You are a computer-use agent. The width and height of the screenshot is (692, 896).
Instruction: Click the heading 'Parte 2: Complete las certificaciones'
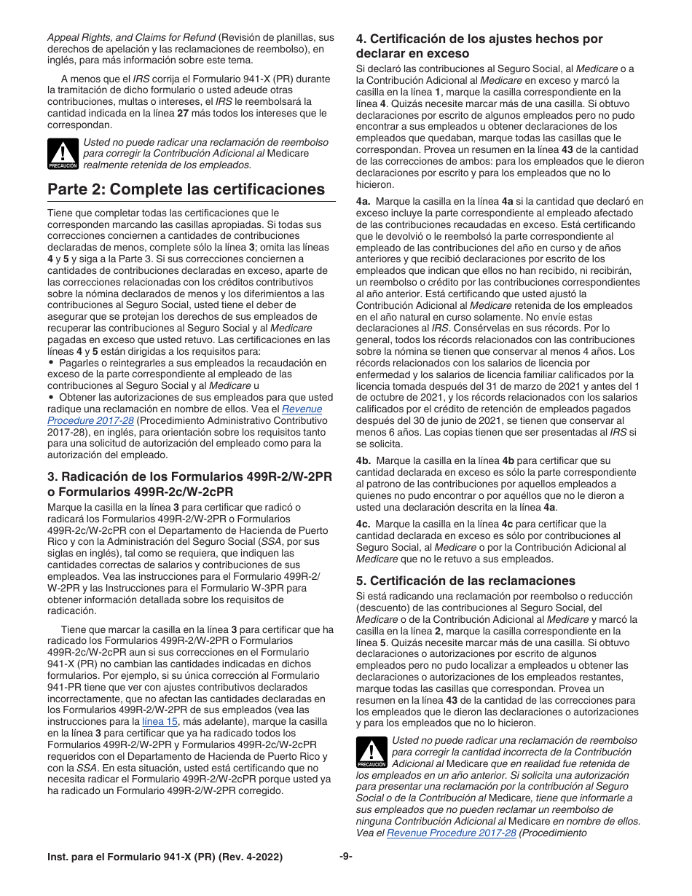coord(186,189)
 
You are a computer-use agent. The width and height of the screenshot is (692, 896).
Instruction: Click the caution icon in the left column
coord(63,154)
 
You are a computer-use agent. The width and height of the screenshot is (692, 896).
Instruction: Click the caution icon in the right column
coord(371,752)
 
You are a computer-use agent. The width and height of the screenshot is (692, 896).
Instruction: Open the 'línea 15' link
coord(160,721)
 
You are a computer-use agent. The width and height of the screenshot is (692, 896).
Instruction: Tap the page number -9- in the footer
coord(346,857)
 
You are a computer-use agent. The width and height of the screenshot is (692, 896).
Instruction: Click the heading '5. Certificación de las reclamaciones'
coord(465,581)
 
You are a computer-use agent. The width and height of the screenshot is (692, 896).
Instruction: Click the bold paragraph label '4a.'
coord(363,201)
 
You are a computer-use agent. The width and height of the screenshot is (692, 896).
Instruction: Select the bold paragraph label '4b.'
coord(363,461)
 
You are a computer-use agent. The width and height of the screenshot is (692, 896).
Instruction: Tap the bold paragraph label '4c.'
coord(363,524)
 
